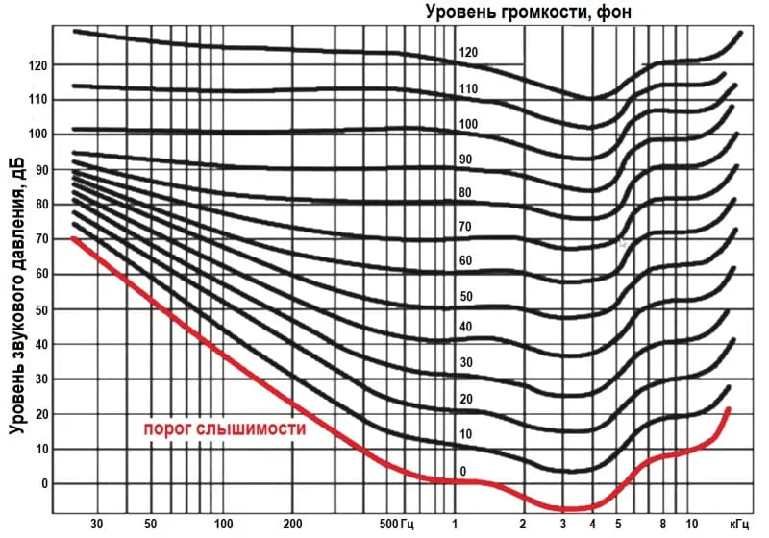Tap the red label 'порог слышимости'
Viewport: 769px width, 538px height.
[x=225, y=429]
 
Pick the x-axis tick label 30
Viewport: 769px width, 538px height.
[x=96, y=525]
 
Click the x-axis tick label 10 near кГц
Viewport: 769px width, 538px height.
[x=692, y=525]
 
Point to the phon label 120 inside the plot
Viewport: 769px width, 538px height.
[x=468, y=53]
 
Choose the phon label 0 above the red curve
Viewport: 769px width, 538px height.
[x=463, y=471]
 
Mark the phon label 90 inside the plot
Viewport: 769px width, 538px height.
[x=465, y=159]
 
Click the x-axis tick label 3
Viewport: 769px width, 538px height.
[x=563, y=525]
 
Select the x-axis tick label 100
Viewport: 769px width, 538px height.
[x=224, y=525]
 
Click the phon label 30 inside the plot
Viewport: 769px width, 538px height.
[x=465, y=363]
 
